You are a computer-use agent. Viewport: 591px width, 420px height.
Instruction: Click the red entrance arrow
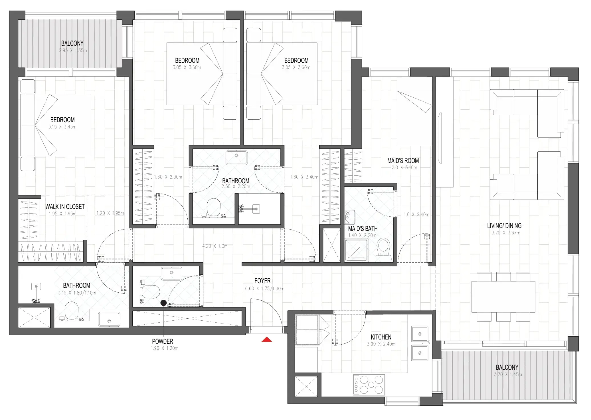coord(267,339)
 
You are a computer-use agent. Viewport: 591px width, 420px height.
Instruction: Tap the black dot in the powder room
coord(163,303)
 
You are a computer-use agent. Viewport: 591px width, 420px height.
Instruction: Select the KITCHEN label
coord(381,337)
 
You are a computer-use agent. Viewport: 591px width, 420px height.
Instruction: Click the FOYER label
coord(262,281)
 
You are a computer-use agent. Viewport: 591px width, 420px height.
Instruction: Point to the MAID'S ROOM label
coord(403,161)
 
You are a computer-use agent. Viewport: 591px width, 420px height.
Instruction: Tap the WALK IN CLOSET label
coord(65,207)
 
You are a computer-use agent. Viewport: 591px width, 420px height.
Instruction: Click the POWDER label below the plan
coord(162,341)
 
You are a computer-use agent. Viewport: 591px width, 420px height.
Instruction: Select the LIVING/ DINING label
coord(504,226)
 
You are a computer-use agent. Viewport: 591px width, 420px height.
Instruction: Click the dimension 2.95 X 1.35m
coord(73,51)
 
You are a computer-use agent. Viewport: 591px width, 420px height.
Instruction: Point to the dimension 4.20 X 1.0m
coord(215,246)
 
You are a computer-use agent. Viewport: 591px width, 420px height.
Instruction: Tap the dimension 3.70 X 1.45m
coord(508,375)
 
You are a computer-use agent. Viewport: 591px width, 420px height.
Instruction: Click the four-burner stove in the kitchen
coord(369,385)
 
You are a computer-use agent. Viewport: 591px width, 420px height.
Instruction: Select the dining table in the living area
coord(503,297)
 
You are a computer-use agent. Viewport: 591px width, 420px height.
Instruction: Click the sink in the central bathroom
coord(236,157)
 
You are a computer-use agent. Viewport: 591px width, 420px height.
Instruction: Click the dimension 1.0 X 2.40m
coord(416,215)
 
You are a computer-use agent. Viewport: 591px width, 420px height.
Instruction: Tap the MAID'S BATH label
coord(363,229)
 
